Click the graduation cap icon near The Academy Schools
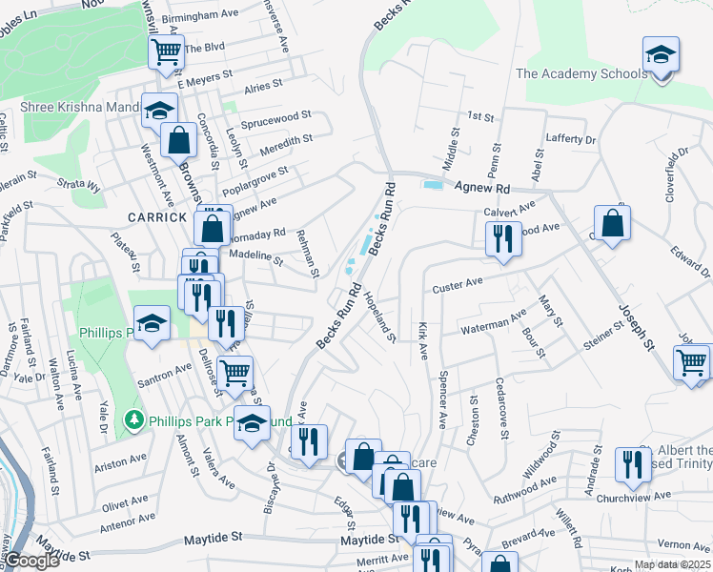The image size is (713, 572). (x=661, y=54)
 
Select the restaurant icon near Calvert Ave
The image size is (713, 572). (x=503, y=237)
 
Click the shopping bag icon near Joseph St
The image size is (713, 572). (x=614, y=225)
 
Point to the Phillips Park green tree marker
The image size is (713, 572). (x=134, y=419)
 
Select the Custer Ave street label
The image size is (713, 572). (x=458, y=284)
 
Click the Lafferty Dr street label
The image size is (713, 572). (x=570, y=139)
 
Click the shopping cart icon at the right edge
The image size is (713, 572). (x=691, y=362)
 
